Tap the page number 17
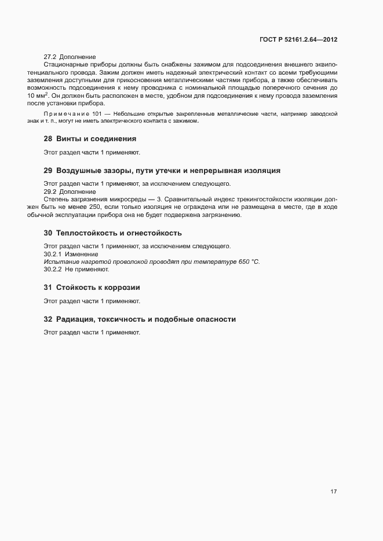(x=334, y=492)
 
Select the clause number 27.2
(x=50, y=57)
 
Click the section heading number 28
(x=48, y=139)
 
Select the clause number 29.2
(x=50, y=192)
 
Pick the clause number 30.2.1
(x=53, y=254)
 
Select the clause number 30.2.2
(x=53, y=270)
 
